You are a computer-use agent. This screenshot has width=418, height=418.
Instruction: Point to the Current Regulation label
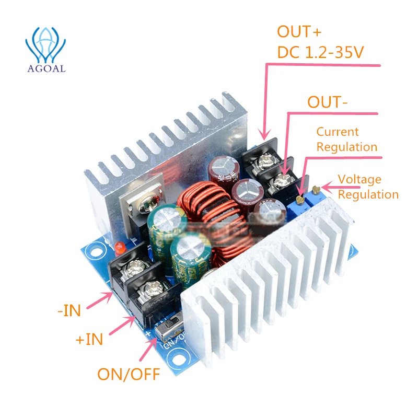tap(346, 140)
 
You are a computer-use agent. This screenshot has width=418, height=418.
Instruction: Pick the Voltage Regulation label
tap(367, 187)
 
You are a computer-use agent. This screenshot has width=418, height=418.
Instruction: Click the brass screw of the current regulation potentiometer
tap(299, 200)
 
